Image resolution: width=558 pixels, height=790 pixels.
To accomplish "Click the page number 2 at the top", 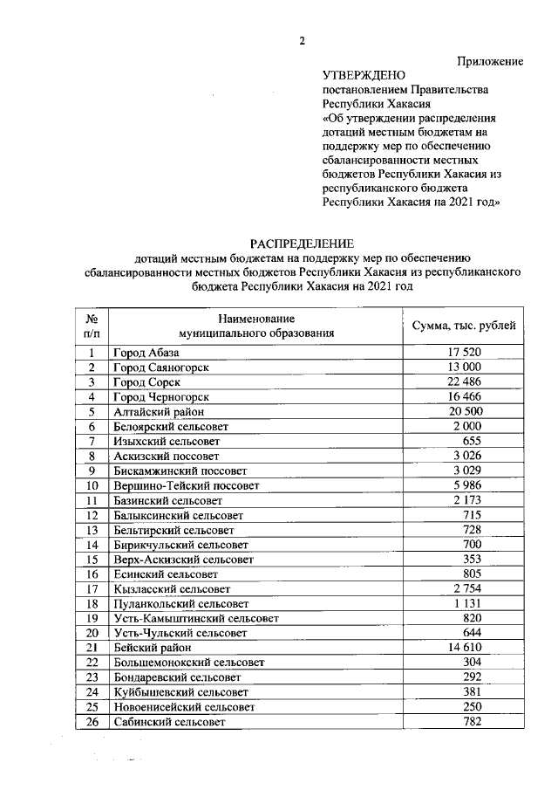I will [x=302, y=40].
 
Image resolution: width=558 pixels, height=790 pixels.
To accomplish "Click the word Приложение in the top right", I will [x=490, y=61].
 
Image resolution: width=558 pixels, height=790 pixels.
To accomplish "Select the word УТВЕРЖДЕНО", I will [x=364, y=76].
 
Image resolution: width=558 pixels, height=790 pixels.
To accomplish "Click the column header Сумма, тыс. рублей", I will [x=463, y=326].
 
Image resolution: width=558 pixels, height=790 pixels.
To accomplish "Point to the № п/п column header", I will [x=91, y=326].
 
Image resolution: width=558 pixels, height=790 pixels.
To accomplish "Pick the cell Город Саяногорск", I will [x=160, y=368].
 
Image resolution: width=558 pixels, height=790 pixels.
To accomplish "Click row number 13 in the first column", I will [x=91, y=530].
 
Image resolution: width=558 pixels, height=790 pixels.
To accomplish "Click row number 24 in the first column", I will [x=91, y=693].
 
